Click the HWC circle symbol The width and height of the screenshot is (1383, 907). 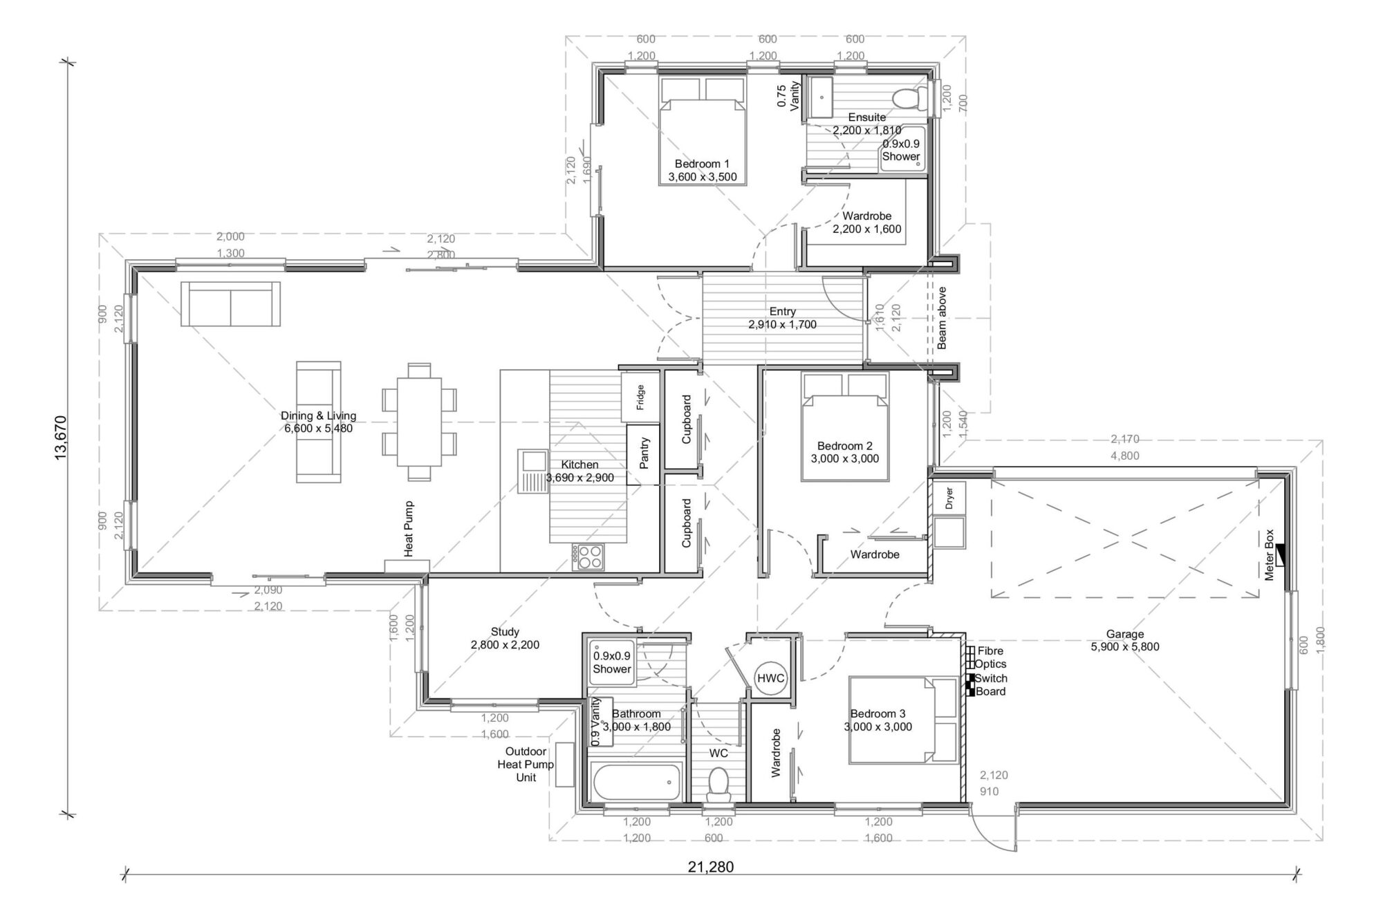pyautogui.click(x=770, y=678)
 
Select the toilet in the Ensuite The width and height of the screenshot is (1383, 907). pyautogui.click(x=909, y=98)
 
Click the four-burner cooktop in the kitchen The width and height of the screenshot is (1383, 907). pyautogui.click(x=587, y=557)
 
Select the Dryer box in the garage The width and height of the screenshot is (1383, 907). pyautogui.click(x=949, y=498)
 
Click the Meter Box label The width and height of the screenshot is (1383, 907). pyautogui.click(x=1269, y=554)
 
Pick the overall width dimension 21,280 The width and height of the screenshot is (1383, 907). pyautogui.click(x=711, y=867)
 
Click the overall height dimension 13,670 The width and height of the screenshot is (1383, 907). pyautogui.click(x=60, y=437)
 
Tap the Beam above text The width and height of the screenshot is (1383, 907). pyautogui.click(x=942, y=318)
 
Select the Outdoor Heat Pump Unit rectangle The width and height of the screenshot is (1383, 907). pyautogui.click(x=564, y=765)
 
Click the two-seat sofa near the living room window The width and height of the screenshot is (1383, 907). pyautogui.click(x=231, y=303)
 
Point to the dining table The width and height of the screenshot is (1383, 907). pyautogui.click(x=419, y=421)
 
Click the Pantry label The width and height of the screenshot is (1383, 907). pyautogui.click(x=644, y=453)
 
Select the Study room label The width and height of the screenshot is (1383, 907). pyautogui.click(x=505, y=631)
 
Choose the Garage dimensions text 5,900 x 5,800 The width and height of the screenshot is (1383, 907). pyautogui.click(x=1125, y=647)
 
